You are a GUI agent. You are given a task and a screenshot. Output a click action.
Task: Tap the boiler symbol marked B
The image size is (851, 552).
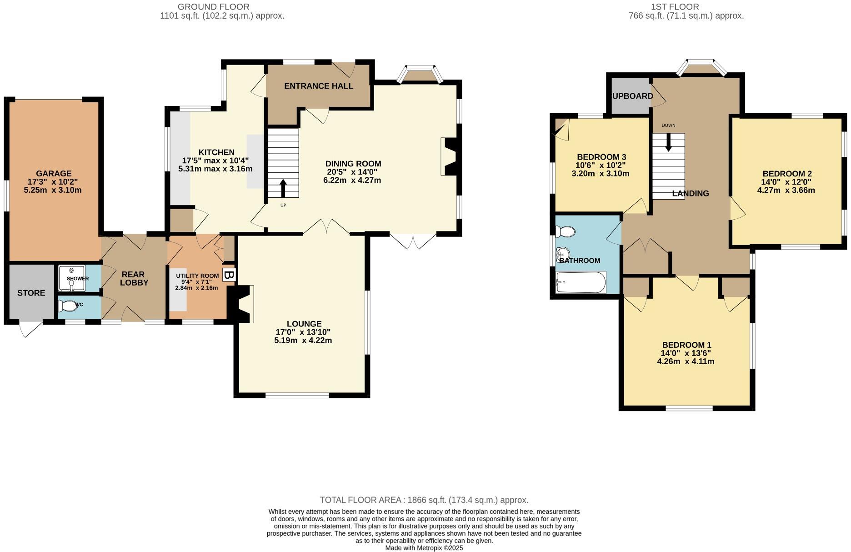pos(229,275)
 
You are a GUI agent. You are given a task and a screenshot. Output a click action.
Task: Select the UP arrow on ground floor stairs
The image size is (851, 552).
pos(283,188)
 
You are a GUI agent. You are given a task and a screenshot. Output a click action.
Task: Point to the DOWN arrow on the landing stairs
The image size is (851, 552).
pos(668,142)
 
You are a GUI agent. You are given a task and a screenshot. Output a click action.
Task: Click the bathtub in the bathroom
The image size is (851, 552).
pos(581,282)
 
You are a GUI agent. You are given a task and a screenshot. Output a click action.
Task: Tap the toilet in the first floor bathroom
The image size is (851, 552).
pos(565,232)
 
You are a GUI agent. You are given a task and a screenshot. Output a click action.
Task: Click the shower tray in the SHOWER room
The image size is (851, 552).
pos(72,278)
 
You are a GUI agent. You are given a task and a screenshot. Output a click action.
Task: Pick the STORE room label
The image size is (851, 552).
pos(31,293)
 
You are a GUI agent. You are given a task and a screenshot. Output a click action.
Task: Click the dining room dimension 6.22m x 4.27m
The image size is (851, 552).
pos(352,180)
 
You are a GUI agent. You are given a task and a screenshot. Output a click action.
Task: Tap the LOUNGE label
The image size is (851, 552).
pos(304,324)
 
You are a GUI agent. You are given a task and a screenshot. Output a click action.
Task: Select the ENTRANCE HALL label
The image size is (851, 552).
pos(319,86)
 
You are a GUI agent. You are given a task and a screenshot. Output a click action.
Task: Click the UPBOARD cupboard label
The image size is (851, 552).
pos(632,96)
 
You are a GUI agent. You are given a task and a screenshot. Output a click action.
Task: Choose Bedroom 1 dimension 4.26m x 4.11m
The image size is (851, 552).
pos(686,361)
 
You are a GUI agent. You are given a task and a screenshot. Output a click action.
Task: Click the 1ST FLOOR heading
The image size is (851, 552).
pos(675,7)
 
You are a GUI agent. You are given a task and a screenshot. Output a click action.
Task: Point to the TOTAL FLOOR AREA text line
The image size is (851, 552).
pos(424,500)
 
